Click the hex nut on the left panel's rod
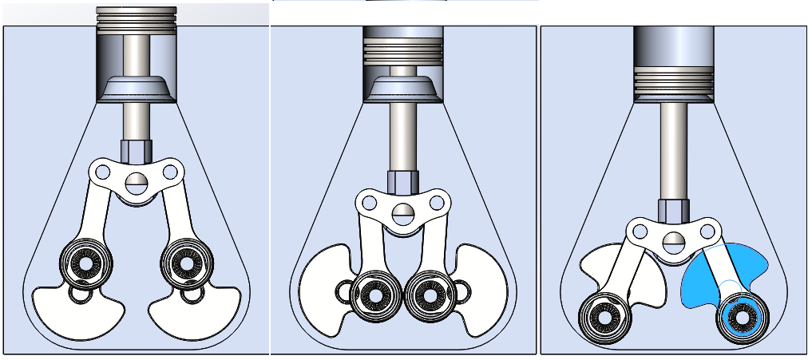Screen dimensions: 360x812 pyautogui.click(x=135, y=149)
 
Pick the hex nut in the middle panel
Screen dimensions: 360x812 pyautogui.click(x=401, y=180)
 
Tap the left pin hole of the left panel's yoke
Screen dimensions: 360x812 pyautogui.click(x=101, y=170)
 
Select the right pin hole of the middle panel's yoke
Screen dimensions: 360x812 pyautogui.click(x=438, y=203)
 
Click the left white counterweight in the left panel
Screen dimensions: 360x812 pyautogui.click(x=76, y=313)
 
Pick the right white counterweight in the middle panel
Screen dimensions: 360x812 pyautogui.click(x=482, y=283)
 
